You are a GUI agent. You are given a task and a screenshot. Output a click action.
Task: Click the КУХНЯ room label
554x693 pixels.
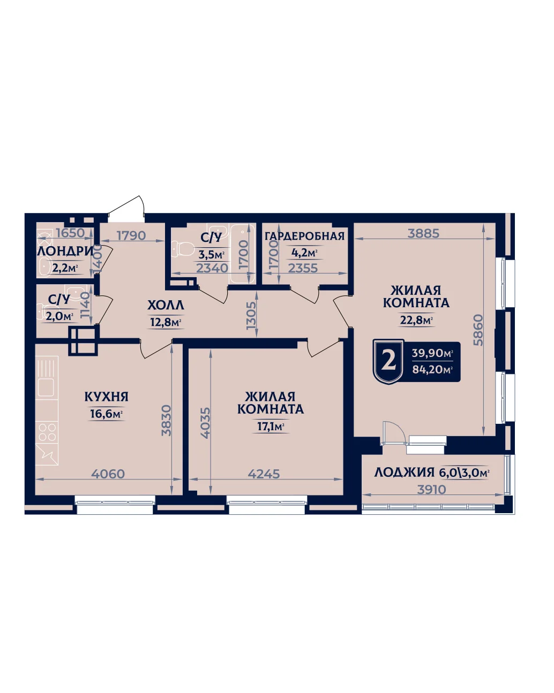click(x=106, y=397)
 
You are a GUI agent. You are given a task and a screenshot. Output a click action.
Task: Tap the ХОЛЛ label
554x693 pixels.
click(x=166, y=305)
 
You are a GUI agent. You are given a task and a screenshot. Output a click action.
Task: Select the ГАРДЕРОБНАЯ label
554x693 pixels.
click(x=304, y=236)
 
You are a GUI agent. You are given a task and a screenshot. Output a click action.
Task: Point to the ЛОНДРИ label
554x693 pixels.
click(x=65, y=251)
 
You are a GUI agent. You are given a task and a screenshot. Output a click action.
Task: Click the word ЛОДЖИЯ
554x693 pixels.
click(x=405, y=473)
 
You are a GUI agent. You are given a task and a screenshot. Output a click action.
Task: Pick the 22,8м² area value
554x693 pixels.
click(x=416, y=320)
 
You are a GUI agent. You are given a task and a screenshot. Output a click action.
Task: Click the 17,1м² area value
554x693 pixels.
click(x=270, y=427)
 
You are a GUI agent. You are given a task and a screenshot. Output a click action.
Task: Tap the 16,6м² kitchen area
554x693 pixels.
click(x=106, y=414)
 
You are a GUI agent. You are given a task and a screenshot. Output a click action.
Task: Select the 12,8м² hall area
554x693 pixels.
click(x=166, y=322)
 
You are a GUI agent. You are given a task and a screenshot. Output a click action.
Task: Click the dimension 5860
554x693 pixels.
click(x=478, y=330)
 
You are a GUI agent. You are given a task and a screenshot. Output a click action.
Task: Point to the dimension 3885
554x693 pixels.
click(x=423, y=233)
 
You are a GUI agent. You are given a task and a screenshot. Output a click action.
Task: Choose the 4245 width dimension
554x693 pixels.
click(x=264, y=474)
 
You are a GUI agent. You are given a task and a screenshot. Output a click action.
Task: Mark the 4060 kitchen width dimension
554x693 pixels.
click(x=108, y=474)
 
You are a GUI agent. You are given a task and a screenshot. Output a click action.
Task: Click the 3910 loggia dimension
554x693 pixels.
click(x=431, y=490)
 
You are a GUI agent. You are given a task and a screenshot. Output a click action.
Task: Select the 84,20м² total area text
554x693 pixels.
click(x=432, y=369)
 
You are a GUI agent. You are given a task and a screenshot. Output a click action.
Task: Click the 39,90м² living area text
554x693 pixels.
click(x=432, y=353)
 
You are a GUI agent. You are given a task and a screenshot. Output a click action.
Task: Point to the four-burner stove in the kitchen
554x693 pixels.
click(x=47, y=432)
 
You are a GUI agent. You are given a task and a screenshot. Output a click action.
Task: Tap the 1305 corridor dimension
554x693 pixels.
click(x=251, y=315)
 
